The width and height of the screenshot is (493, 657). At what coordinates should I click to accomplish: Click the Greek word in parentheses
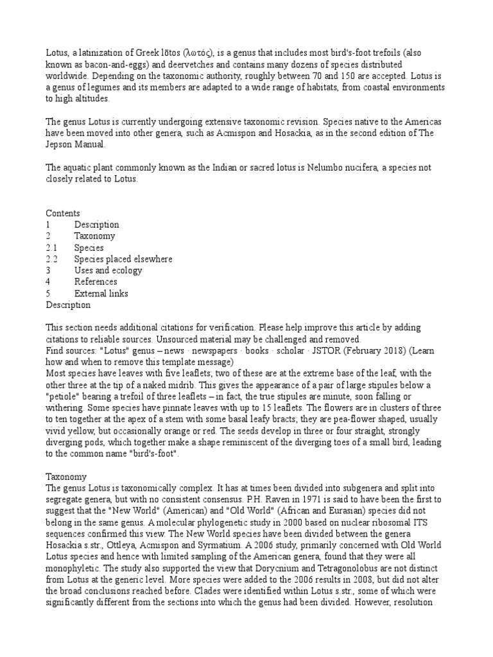202,53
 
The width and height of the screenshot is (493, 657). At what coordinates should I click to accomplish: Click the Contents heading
63,213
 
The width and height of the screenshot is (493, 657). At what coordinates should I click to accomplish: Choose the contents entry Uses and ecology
108,271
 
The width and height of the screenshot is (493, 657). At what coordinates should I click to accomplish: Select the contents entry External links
101,293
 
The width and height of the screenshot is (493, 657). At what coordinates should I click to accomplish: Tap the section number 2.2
52,259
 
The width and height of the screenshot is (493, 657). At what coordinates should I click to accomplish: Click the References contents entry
96,282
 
